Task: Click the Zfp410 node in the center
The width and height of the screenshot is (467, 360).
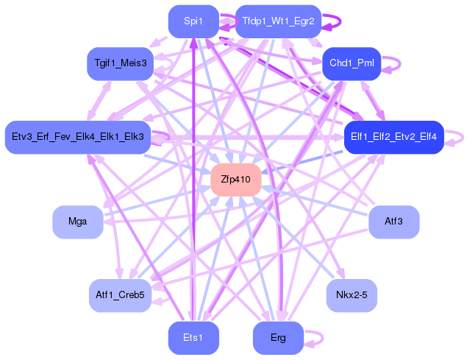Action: (236, 180)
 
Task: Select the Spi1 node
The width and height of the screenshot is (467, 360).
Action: (193, 21)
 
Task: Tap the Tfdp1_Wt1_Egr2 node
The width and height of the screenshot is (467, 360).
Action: (278, 21)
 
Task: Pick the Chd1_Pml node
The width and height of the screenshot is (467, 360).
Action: (352, 63)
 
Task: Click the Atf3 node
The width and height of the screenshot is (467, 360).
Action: (393, 222)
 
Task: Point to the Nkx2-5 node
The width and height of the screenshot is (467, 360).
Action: (352, 295)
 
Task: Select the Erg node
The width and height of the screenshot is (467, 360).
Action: (278, 338)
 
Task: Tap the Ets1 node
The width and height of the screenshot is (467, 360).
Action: (193, 338)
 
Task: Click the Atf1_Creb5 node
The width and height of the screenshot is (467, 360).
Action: (120, 295)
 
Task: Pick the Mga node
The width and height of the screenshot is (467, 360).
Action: (77, 222)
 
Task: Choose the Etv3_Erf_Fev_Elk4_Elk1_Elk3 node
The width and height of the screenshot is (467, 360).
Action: (77, 137)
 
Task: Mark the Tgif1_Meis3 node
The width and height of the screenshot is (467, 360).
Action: (120, 63)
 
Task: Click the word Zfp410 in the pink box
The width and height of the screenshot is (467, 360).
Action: (236, 180)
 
